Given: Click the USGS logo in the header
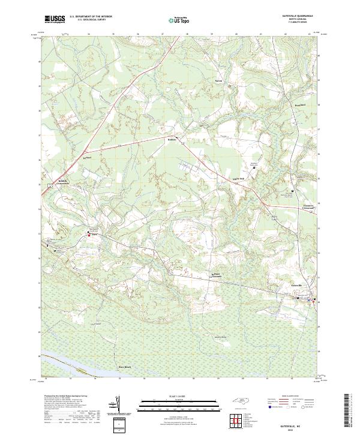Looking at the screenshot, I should (55, 19).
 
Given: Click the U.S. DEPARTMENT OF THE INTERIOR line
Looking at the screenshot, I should (91, 17).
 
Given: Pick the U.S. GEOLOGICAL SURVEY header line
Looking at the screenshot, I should (91, 20).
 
